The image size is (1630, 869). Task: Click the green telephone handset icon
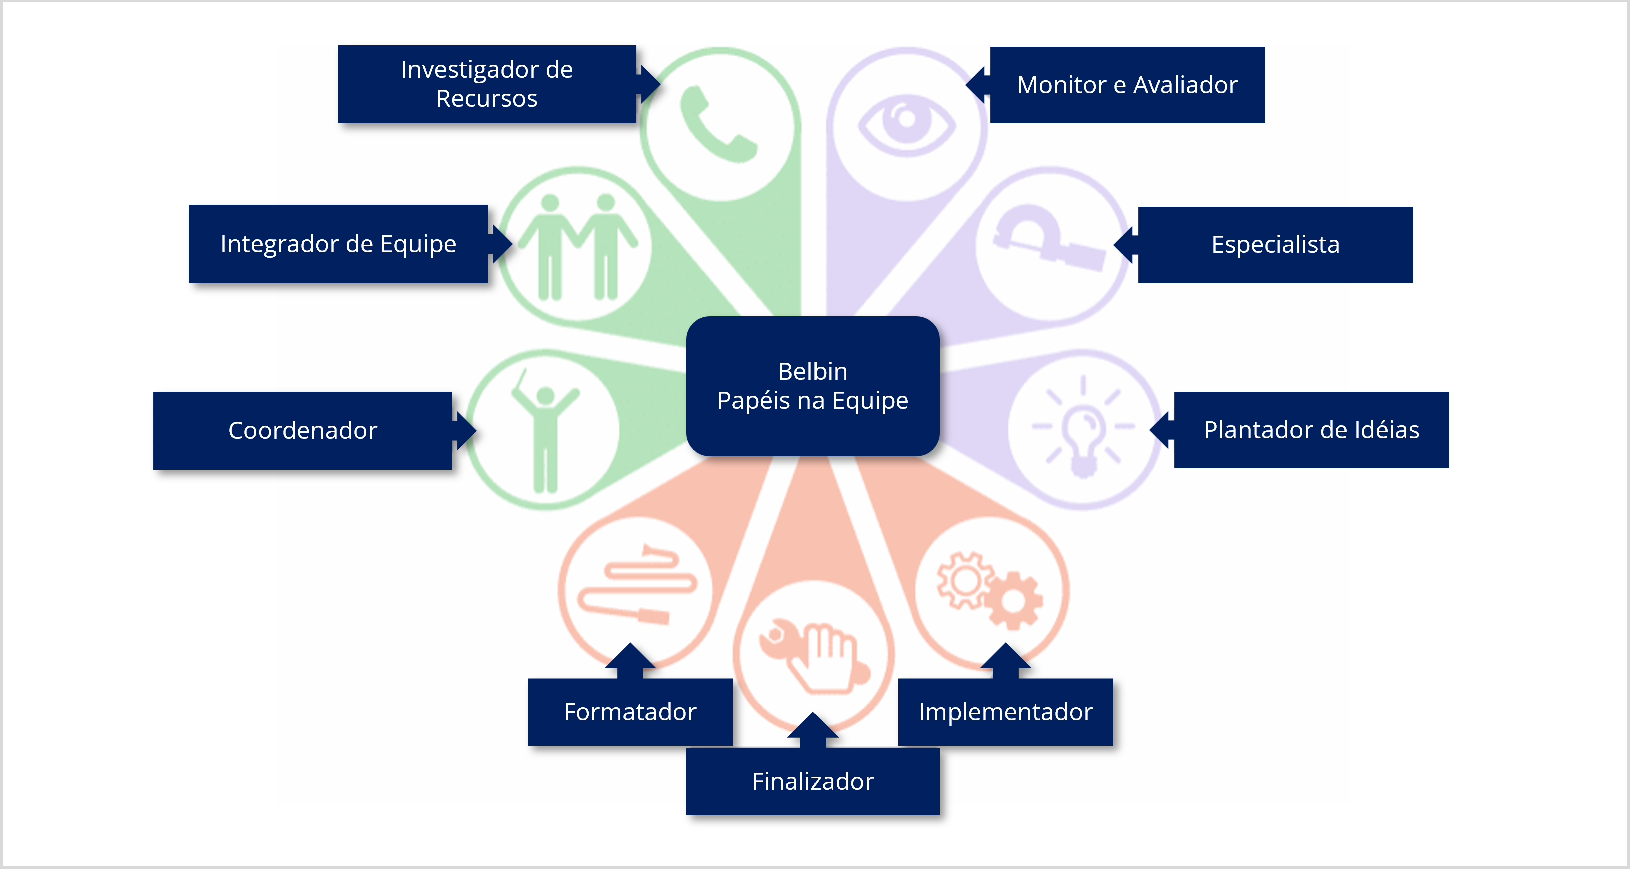pos(717,125)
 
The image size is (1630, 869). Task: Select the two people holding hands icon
pos(577,246)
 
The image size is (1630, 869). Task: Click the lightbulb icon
pos(1083,427)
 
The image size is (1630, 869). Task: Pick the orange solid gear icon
pos(1013,599)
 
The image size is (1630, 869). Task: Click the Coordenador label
pos(303,430)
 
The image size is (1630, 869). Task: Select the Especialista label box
pos(1275,245)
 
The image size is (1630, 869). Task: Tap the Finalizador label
pos(812,781)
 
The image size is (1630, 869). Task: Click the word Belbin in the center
pos(812,372)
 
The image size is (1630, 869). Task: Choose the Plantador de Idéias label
pos(1311,430)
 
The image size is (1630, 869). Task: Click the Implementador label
pos(1005,712)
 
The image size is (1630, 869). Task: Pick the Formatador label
pos(630,712)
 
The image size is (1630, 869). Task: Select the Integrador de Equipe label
pos(338,244)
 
